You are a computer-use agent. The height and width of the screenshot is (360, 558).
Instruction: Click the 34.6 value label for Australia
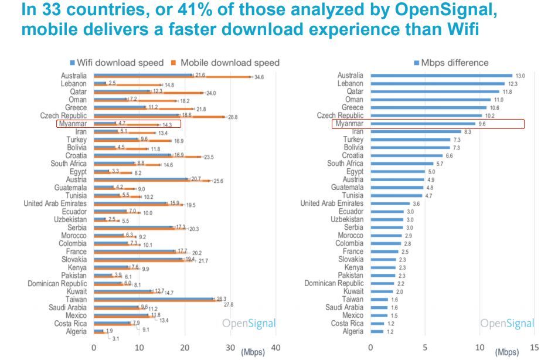click(260, 77)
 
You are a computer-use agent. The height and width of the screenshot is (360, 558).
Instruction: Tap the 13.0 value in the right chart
click(519, 76)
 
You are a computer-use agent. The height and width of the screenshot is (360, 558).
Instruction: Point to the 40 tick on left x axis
click(276, 347)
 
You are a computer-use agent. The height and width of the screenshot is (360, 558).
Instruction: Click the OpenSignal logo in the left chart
click(249, 324)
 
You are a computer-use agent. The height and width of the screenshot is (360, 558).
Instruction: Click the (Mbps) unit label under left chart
click(253, 352)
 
